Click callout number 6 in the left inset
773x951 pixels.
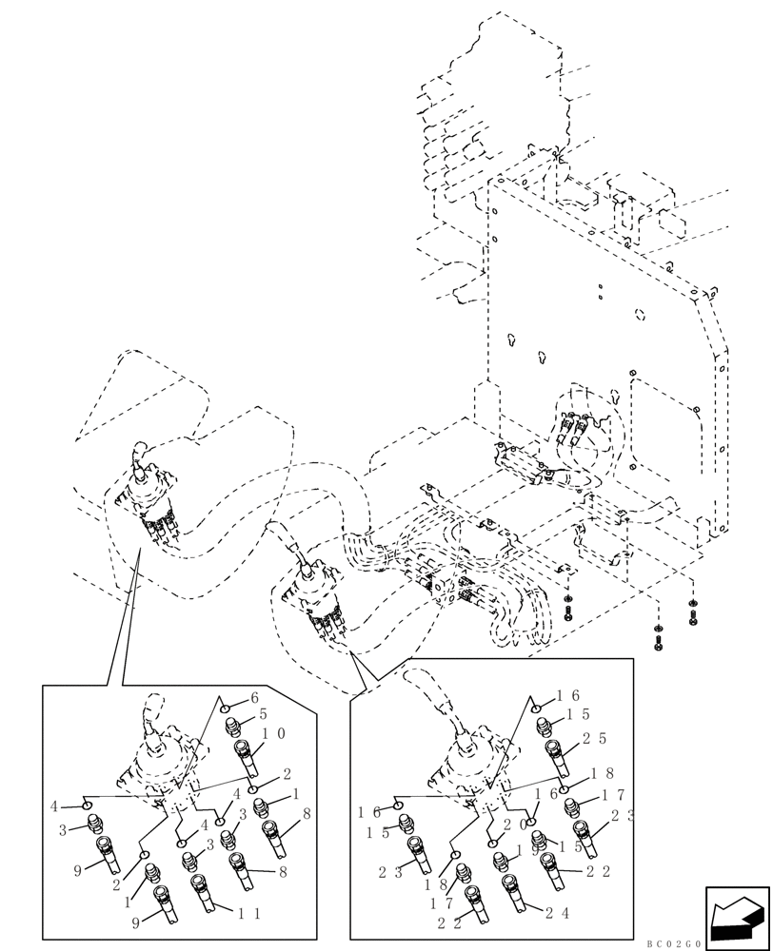click(254, 697)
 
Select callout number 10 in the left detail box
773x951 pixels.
click(274, 734)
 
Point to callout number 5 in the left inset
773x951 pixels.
click(264, 713)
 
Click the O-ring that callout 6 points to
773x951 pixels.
click(223, 708)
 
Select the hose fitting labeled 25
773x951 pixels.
click(558, 757)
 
